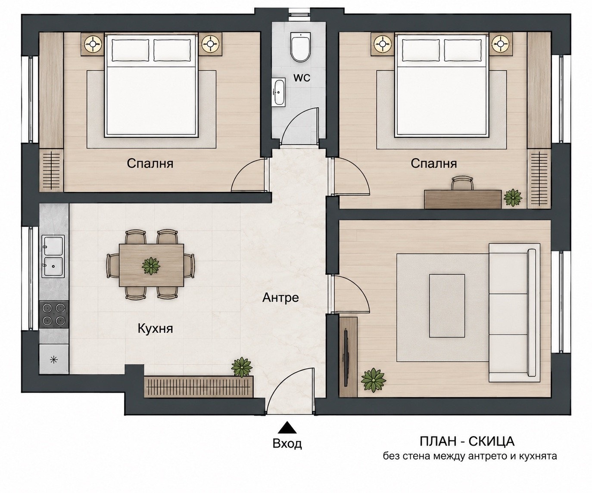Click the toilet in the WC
point(301,47)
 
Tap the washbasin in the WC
point(280,93)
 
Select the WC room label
point(302,78)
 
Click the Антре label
point(280,298)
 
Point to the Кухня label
point(155,329)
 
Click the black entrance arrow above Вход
point(287,427)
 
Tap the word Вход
point(287,443)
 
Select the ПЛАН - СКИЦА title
point(467,441)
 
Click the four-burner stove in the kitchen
point(53,314)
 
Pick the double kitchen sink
point(53,256)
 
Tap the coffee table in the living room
point(447,306)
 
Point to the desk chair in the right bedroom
point(462,183)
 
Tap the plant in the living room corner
point(374,380)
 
